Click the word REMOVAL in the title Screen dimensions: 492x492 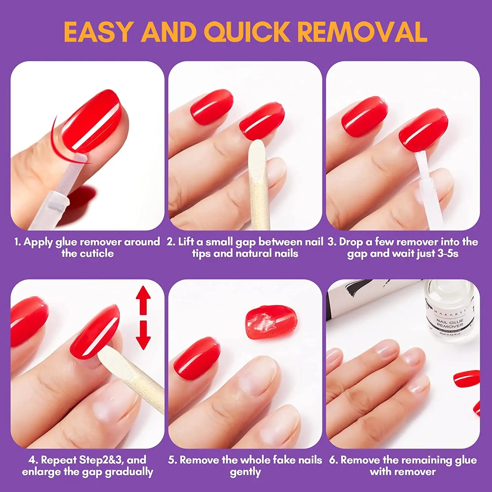click(362, 32)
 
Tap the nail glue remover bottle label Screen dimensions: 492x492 click(450, 323)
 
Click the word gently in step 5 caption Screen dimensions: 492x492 click(245, 472)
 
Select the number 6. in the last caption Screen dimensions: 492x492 click(334, 460)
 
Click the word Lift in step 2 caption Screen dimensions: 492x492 click(186, 242)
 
